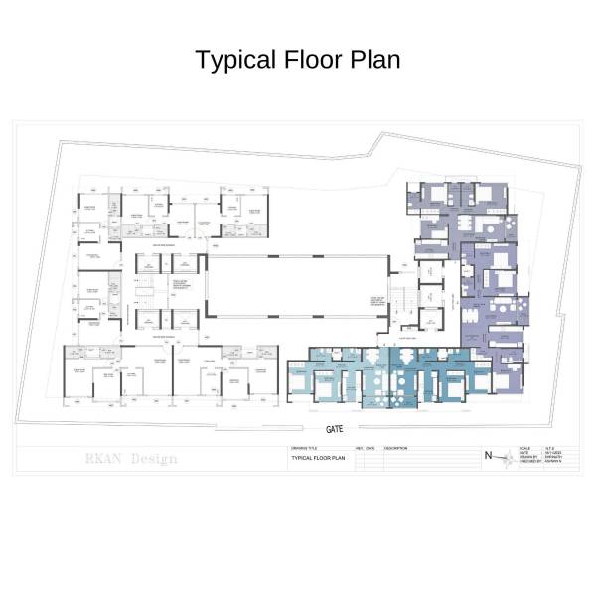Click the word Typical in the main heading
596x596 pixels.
(x=230, y=60)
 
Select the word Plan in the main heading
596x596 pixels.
(x=375, y=60)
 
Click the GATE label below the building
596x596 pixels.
(x=336, y=429)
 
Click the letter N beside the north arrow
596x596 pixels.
(x=487, y=456)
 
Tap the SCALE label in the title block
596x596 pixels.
(x=525, y=448)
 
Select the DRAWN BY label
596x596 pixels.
(x=527, y=458)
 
